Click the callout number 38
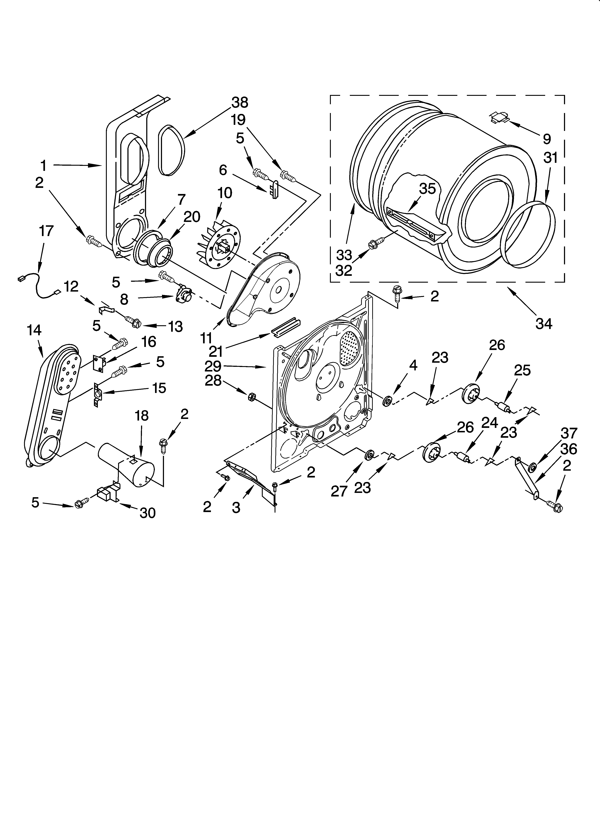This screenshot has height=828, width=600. [x=240, y=103]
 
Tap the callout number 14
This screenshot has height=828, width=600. [x=34, y=330]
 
